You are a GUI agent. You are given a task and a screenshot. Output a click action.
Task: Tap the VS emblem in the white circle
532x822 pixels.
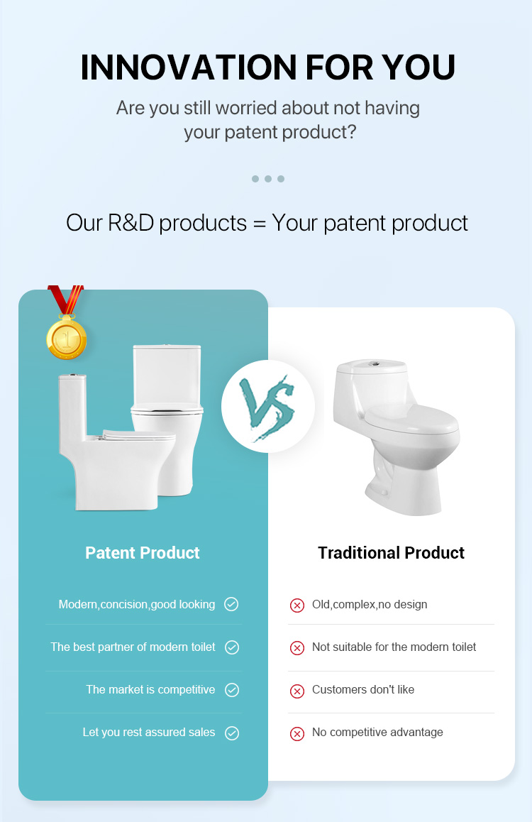click(267, 407)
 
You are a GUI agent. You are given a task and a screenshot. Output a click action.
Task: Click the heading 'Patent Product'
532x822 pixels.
click(143, 552)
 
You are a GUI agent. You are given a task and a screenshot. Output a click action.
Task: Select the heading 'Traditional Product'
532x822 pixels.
click(391, 552)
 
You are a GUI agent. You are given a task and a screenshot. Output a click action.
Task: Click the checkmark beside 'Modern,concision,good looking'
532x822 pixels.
click(231, 605)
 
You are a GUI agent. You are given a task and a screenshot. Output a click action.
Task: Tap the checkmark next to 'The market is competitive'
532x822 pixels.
click(232, 690)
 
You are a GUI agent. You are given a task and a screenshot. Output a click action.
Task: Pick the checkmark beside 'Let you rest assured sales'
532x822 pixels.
click(232, 733)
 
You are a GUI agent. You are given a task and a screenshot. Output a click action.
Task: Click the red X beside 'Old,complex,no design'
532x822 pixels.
click(297, 605)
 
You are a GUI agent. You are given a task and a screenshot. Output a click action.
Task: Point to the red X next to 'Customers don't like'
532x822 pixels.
click(297, 691)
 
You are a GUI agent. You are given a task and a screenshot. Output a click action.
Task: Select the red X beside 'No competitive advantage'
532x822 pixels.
click(297, 733)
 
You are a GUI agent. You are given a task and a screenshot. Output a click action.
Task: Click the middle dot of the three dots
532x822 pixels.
click(268, 179)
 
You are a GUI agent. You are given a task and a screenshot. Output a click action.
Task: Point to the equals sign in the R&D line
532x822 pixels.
click(259, 224)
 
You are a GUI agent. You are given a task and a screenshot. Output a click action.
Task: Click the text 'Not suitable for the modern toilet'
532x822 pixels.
click(394, 647)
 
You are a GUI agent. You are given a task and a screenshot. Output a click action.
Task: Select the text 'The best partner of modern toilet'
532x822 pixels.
click(133, 647)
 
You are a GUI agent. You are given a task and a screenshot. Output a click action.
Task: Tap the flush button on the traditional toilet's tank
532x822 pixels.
click(373, 363)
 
